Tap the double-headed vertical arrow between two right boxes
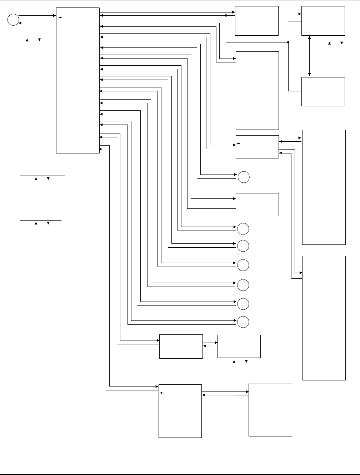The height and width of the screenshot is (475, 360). pos(309,56)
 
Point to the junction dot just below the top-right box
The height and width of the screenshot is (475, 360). pos(288,42)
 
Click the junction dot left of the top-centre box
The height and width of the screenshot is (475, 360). pos(226,15)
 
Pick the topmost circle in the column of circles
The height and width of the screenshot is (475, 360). pos(243,177)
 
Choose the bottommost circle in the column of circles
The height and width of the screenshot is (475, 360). pos(243,322)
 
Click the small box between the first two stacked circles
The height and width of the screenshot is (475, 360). pos(257,204)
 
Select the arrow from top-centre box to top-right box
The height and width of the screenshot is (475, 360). pos(290,15)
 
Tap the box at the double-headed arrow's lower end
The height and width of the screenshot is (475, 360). pos(323,91)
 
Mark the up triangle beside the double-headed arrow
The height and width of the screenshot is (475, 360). pos(330,43)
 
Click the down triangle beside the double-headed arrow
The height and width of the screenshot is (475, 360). pos(342,43)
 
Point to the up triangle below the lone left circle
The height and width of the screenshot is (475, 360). pos(26,39)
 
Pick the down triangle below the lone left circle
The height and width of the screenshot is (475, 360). pos(39,39)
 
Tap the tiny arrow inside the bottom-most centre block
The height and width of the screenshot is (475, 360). pos(161,393)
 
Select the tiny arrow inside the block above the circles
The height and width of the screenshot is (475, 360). pos(238,144)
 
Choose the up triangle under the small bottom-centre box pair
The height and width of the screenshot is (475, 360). pos(234,362)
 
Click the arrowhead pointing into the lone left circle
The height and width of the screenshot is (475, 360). pos(20,23)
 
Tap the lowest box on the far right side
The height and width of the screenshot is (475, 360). pos(324,318)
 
